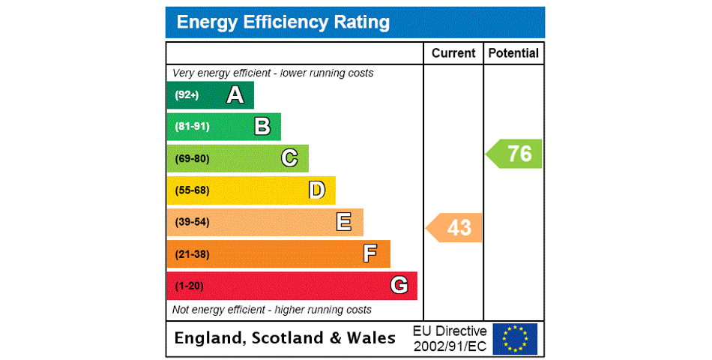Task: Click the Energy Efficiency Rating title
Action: (283, 22)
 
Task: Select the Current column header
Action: (453, 53)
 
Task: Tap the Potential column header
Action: (513, 53)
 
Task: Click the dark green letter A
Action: (235, 95)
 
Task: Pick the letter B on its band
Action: (262, 127)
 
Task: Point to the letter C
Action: (289, 158)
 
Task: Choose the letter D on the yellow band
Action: (317, 190)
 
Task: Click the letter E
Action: (344, 222)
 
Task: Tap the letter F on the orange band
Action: (370, 254)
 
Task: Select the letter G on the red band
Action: (399, 286)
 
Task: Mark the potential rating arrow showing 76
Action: (515, 154)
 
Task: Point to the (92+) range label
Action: (187, 95)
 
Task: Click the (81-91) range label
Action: (192, 127)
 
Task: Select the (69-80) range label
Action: (192, 159)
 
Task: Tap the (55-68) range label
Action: (192, 190)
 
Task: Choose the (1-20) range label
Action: (189, 286)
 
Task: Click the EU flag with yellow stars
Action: (515, 338)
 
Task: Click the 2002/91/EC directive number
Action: (450, 346)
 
